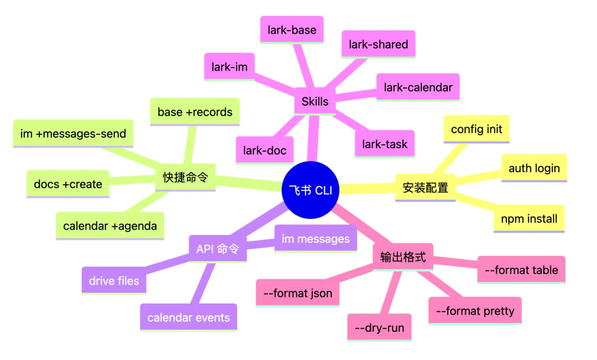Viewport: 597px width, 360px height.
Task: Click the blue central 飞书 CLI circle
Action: click(310, 190)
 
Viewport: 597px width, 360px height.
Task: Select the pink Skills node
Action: click(315, 101)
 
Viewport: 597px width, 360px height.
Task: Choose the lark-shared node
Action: click(379, 45)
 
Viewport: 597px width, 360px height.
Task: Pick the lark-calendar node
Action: click(418, 87)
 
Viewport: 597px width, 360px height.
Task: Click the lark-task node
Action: click(385, 144)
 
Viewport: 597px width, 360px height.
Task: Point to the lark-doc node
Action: click(264, 150)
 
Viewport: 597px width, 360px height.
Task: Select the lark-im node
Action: click(229, 67)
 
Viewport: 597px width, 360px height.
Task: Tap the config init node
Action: click(476, 129)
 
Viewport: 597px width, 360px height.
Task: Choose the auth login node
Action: click(534, 168)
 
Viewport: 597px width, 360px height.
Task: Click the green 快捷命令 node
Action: click(185, 178)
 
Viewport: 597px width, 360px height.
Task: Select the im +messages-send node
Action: click(73, 133)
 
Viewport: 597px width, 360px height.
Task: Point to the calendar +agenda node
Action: click(110, 226)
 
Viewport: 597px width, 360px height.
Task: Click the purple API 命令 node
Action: click(217, 249)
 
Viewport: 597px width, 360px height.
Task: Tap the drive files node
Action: click(114, 281)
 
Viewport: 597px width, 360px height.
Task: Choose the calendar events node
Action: click(188, 317)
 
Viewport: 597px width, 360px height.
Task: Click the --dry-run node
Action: click(380, 328)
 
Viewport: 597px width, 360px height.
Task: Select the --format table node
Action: click(521, 270)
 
